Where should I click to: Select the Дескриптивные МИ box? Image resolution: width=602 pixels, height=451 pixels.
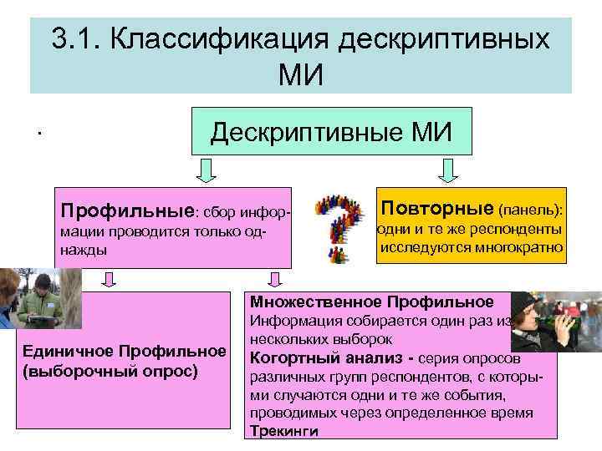pos(331,132)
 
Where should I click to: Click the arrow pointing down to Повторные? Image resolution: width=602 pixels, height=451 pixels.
pos(448,170)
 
